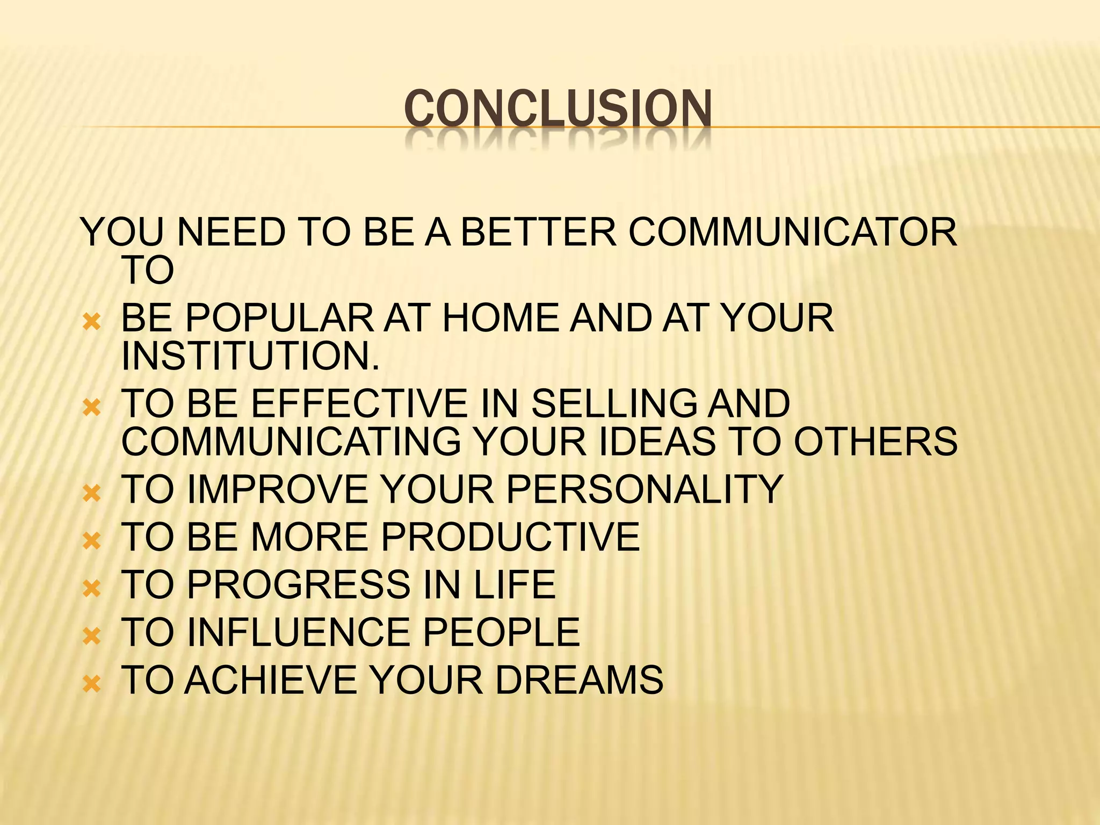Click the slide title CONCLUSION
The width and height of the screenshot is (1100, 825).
558,109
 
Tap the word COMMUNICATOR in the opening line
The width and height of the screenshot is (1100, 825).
793,233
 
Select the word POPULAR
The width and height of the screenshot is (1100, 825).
279,318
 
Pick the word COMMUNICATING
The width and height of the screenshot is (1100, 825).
291,442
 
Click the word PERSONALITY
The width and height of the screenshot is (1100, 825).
645,489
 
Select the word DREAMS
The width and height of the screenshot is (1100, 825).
579,680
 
